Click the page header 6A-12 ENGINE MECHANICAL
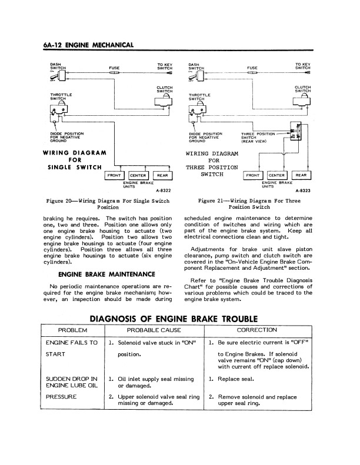point(89,44)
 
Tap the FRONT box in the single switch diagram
point(114,175)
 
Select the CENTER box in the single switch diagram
point(138,175)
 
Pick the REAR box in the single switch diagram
point(162,175)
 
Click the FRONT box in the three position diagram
point(254,175)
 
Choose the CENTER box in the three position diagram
point(277,175)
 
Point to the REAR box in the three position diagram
point(301,175)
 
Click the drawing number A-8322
point(163,190)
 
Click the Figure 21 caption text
point(247,204)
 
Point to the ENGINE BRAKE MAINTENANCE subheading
point(106,274)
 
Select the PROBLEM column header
point(72,330)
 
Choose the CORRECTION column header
point(256,330)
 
